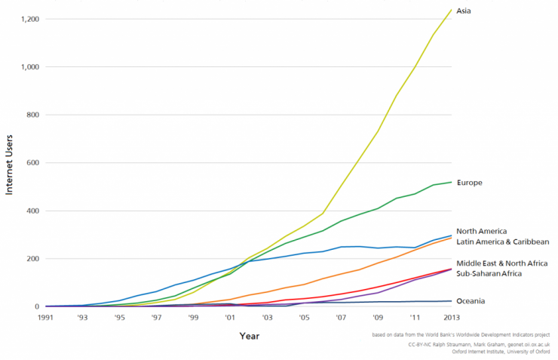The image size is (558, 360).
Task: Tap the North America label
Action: pos(481,231)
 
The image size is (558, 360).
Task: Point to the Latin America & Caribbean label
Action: pos(503,242)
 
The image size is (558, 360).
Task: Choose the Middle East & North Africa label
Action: pos(503,263)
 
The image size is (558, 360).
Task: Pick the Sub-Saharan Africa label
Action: pos(489,273)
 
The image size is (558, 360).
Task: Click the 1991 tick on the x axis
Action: pos(46,318)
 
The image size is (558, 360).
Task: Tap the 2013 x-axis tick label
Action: pos(451,318)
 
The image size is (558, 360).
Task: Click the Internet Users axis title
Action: pos(11,162)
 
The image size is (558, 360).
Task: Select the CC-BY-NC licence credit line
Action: pos(478,343)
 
